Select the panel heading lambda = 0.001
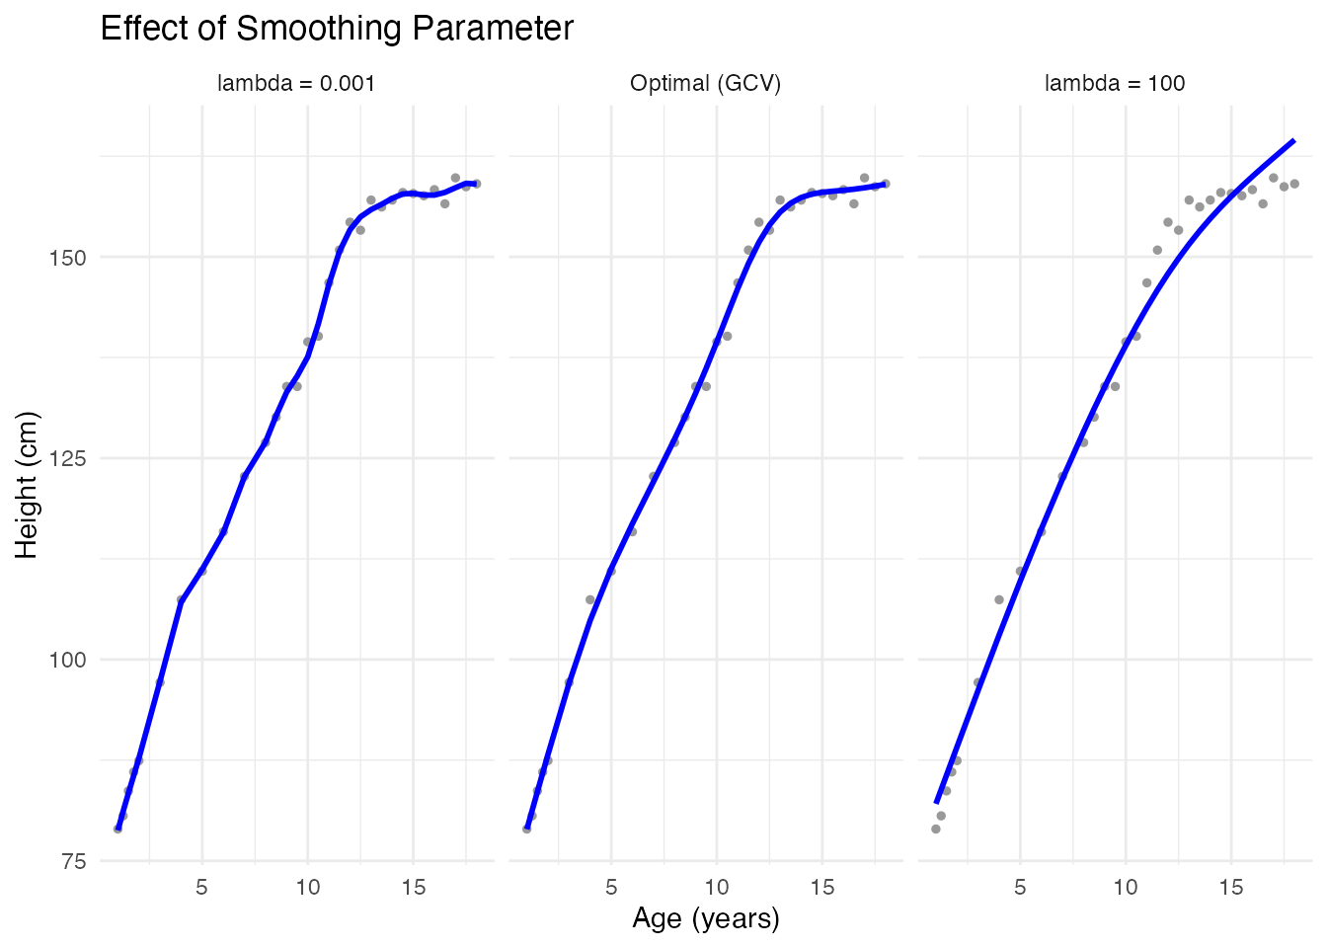(x=296, y=84)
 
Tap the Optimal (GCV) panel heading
(x=706, y=84)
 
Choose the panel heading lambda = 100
(x=1115, y=84)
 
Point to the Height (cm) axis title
(x=27, y=484)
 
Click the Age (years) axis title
(x=706, y=919)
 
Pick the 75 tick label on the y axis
(x=73, y=861)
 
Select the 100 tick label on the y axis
(x=68, y=660)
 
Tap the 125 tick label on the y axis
(x=68, y=458)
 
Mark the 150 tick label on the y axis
(x=68, y=257)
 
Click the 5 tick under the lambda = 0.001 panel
(x=202, y=888)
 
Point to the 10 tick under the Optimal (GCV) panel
(x=717, y=888)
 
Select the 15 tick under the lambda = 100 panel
(x=1231, y=888)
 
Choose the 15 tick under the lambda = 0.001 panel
(x=414, y=888)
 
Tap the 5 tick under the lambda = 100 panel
(x=1020, y=888)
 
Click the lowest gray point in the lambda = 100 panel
(x=936, y=829)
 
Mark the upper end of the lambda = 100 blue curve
(x=1293, y=141)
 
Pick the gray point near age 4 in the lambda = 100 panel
(x=999, y=599)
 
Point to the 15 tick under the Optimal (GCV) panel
(x=822, y=888)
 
